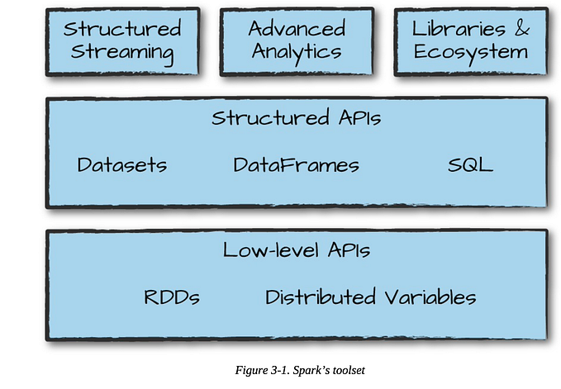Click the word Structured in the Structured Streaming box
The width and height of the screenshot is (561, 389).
121,29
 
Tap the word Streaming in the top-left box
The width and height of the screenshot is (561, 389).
121,53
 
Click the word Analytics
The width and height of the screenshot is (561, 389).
296,53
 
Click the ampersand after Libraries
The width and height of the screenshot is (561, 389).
521,29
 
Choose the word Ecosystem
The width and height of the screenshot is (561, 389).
471,53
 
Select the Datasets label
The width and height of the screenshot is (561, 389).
121,164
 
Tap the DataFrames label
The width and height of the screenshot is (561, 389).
296,165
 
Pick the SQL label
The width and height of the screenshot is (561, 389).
470,164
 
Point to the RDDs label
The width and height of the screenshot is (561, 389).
172,297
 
